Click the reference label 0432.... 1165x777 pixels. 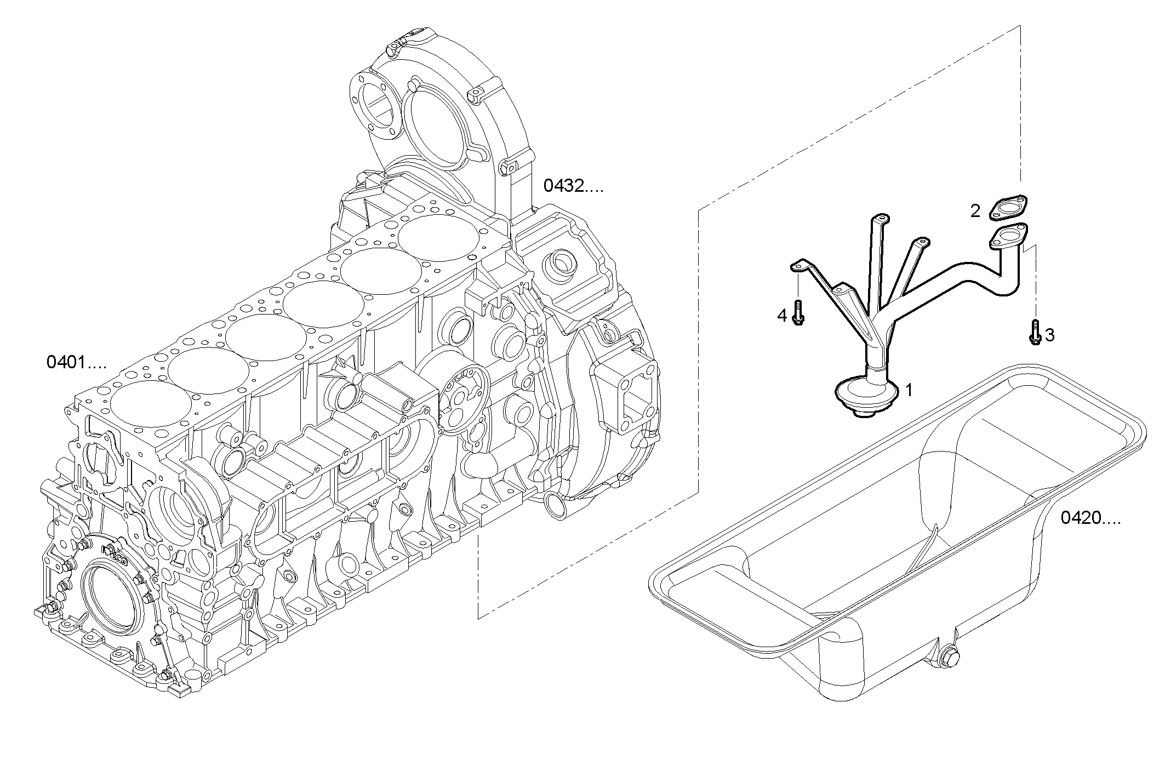(x=572, y=187)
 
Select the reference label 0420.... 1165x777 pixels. (x=1090, y=518)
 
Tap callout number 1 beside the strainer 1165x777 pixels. (x=909, y=391)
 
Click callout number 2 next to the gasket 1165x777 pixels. (x=975, y=210)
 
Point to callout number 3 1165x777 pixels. (x=1049, y=335)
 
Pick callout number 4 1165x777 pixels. (x=782, y=315)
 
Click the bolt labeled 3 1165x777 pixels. (x=1034, y=332)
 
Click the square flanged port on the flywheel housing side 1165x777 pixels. (x=623, y=390)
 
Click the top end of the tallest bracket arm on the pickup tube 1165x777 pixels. (x=878, y=220)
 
